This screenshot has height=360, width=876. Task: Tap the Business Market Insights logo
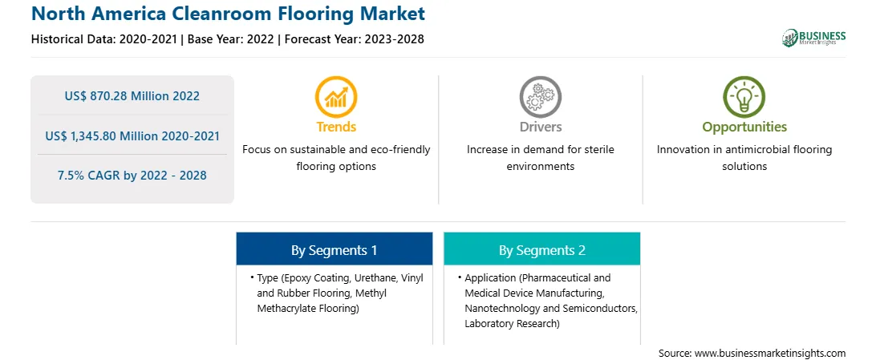point(814,38)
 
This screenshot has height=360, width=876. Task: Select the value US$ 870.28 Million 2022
point(132,95)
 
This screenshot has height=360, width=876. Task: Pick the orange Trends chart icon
point(336,97)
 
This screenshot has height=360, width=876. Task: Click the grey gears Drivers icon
point(540,97)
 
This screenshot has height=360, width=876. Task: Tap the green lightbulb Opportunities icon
point(744,97)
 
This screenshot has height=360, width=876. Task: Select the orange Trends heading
point(336,127)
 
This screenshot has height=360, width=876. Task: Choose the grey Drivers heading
point(540,127)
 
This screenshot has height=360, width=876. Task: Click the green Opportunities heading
point(744,127)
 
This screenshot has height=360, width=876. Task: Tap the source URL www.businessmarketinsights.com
point(770,353)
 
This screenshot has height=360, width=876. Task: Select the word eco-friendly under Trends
point(401,150)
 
